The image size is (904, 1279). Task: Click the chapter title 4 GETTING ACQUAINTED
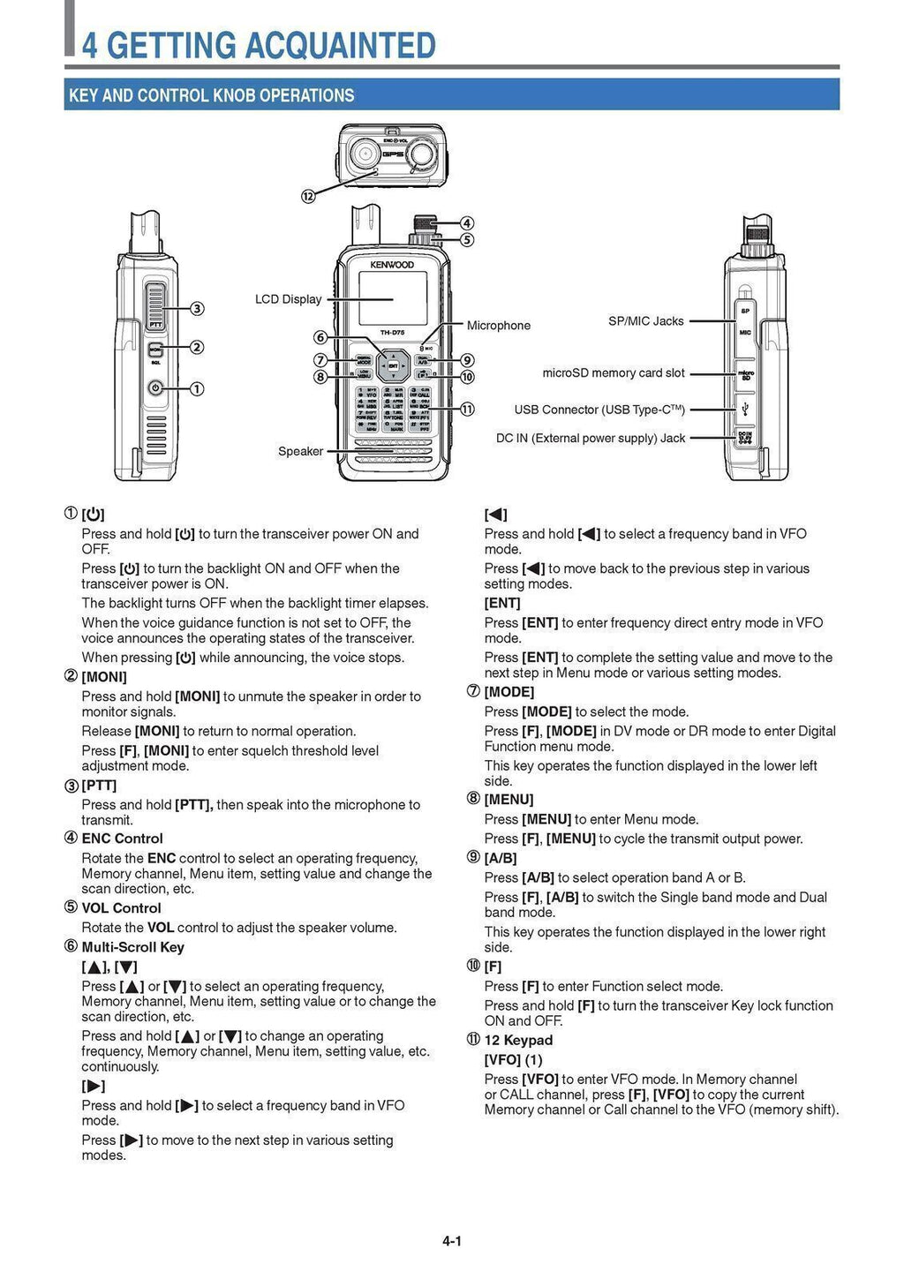pyautogui.click(x=259, y=45)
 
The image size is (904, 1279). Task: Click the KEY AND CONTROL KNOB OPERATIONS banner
pyautogui.click(x=212, y=95)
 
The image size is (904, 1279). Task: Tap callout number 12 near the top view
pyautogui.click(x=308, y=196)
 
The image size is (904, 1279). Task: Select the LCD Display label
pyautogui.click(x=288, y=299)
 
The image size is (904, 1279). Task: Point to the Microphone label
pyautogui.click(x=498, y=326)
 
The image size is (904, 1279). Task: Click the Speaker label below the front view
pyautogui.click(x=300, y=451)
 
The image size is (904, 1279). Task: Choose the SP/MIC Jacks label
pyautogui.click(x=645, y=321)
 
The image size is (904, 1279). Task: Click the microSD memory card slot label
pyautogui.click(x=613, y=373)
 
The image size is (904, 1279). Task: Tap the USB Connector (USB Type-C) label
pyautogui.click(x=599, y=410)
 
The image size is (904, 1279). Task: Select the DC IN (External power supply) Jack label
pyautogui.click(x=590, y=438)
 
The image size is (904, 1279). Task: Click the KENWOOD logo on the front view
pyautogui.click(x=392, y=265)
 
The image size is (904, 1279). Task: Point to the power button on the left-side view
pyautogui.click(x=155, y=387)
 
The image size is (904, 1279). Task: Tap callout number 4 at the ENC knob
pyautogui.click(x=467, y=223)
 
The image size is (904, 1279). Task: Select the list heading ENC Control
pyautogui.click(x=122, y=839)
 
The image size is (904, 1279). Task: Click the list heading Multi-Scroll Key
pyautogui.click(x=132, y=947)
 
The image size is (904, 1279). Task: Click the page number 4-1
pyautogui.click(x=452, y=1240)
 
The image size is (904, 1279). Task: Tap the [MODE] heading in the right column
pyautogui.click(x=509, y=692)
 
